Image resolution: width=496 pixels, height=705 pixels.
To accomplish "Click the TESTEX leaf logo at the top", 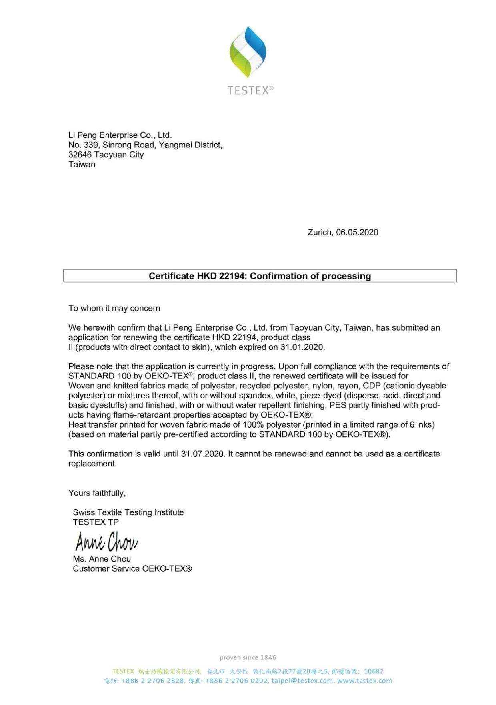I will (248, 52).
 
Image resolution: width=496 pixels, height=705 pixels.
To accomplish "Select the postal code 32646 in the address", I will (80, 155).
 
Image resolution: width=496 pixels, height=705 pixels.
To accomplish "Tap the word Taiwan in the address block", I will (82, 164).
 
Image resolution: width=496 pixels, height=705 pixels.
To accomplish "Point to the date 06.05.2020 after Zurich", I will (357, 232).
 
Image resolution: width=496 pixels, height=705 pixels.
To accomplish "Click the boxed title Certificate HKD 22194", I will (260, 276).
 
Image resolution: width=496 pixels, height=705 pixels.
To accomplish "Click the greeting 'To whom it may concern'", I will (114, 308).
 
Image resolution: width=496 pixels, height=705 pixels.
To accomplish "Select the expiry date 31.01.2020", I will (302, 347).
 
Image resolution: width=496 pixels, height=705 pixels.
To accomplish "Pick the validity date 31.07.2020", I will (202, 454).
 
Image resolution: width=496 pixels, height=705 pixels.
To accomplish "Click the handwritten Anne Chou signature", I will (106, 542).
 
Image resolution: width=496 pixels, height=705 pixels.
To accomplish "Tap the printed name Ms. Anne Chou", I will (102, 559).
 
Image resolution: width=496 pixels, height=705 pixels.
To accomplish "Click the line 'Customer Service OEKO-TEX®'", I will (132, 568).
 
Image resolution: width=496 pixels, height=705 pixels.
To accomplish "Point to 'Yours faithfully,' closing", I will (97, 493).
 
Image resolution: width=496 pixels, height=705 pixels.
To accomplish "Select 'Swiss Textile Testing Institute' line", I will (128, 512).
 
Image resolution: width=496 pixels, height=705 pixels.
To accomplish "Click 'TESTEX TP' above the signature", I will (96, 522).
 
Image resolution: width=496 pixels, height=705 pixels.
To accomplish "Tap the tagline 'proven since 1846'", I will (248, 657).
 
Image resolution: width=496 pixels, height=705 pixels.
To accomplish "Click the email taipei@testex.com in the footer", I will (302, 681).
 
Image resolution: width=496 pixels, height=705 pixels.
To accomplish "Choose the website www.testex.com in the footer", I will (364, 681).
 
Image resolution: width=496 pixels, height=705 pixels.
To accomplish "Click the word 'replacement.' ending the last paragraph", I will (93, 464).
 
